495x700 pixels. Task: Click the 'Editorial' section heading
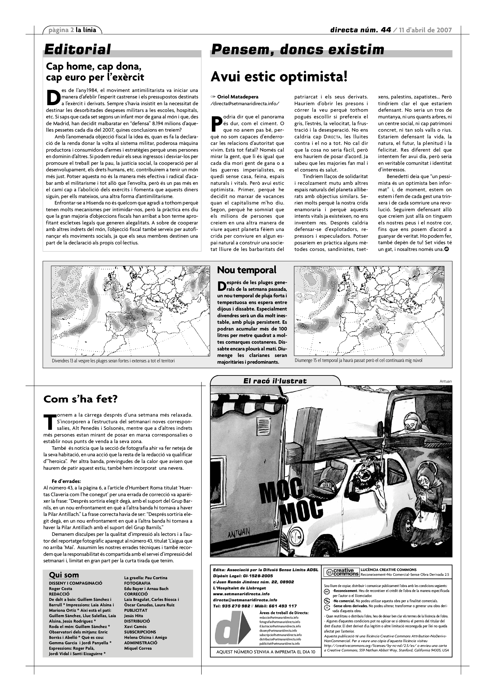point(77,49)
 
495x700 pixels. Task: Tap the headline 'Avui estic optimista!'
point(279,77)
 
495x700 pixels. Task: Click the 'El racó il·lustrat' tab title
point(275,381)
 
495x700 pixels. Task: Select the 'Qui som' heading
point(64,575)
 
